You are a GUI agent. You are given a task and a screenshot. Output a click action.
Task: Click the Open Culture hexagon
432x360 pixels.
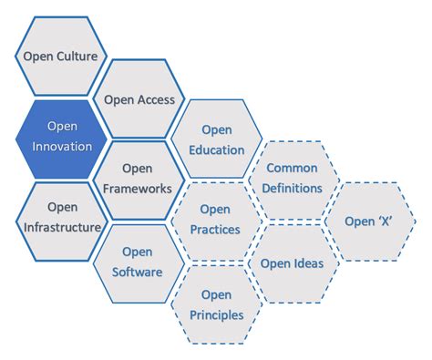(x=61, y=56)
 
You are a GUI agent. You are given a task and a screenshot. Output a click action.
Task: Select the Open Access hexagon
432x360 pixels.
(x=139, y=99)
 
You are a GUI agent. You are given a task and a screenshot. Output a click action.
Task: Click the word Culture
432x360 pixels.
(x=78, y=56)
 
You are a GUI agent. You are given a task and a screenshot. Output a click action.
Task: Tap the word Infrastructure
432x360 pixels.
(x=61, y=228)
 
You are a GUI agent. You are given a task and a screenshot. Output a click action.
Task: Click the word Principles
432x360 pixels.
(x=217, y=314)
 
